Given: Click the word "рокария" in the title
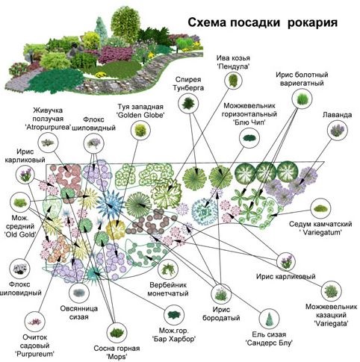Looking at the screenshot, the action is click(312, 22).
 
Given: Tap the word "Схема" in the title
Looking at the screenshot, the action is click(207, 22).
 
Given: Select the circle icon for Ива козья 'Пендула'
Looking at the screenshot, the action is click(233, 80).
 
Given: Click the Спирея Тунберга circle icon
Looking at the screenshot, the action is click(188, 104).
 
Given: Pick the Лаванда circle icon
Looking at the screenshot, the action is click(338, 131).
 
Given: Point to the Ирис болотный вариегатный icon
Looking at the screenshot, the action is click(302, 99).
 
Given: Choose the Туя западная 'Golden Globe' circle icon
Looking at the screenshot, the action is click(140, 130).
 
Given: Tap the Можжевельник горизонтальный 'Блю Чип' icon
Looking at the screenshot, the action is click(249, 137).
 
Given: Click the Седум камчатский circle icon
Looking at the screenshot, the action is click(320, 208).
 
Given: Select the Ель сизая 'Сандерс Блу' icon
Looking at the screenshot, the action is click(269, 319).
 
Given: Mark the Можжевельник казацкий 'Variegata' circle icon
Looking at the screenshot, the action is click(331, 290).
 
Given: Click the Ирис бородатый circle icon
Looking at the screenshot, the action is click(221, 294).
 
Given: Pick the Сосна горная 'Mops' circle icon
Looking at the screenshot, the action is click(117, 332).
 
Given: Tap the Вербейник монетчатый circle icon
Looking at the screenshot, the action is click(168, 269).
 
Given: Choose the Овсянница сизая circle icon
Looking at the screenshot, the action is click(79, 293).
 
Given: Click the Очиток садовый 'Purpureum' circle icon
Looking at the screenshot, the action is click(35, 322).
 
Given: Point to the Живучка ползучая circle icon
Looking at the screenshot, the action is click(48, 143).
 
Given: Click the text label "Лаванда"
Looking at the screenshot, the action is click(337, 115).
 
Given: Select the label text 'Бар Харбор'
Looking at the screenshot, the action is click(174, 339).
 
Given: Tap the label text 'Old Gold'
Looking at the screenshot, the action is click(20, 234).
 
